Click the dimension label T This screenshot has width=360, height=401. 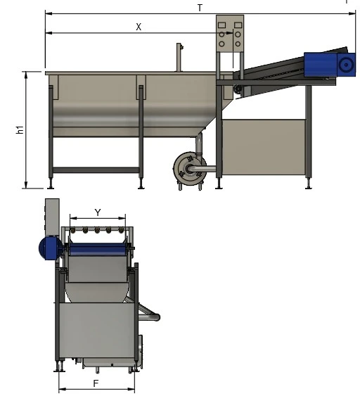point(200,8)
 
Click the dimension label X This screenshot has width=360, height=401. point(139,27)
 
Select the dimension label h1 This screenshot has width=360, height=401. point(20,129)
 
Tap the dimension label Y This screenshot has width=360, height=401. point(98,212)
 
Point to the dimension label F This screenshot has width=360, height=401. point(96,383)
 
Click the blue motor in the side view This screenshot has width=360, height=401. point(330,65)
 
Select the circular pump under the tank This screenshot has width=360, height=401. point(190,169)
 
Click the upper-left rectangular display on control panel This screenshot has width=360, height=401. point(221,25)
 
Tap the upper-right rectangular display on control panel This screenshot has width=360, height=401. point(238,25)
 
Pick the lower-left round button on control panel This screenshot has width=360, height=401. point(221,44)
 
